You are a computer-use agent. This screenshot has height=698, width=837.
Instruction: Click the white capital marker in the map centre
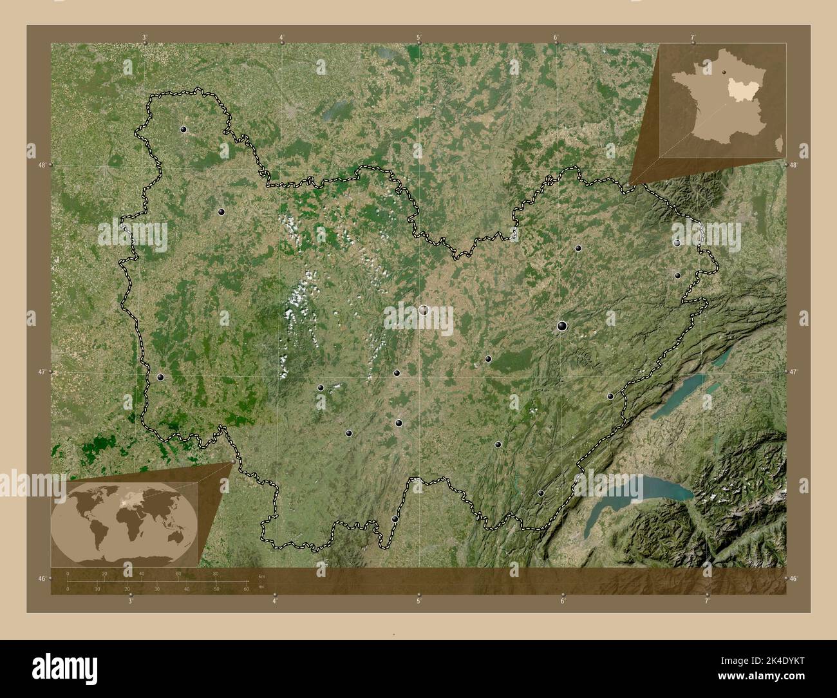click(x=424, y=310)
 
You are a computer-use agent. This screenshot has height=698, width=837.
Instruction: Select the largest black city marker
click(x=563, y=326)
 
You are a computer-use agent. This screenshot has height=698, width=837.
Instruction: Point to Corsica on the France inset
click(x=780, y=147)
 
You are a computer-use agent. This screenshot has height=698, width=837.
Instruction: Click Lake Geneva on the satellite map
click(x=644, y=492)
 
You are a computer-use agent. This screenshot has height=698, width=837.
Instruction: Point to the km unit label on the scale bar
click(x=261, y=574)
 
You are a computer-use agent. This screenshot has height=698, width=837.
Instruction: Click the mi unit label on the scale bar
click(x=261, y=587)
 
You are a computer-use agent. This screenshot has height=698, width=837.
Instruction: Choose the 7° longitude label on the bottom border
click(x=707, y=601)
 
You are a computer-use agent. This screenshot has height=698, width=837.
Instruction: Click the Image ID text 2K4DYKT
click(x=759, y=662)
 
